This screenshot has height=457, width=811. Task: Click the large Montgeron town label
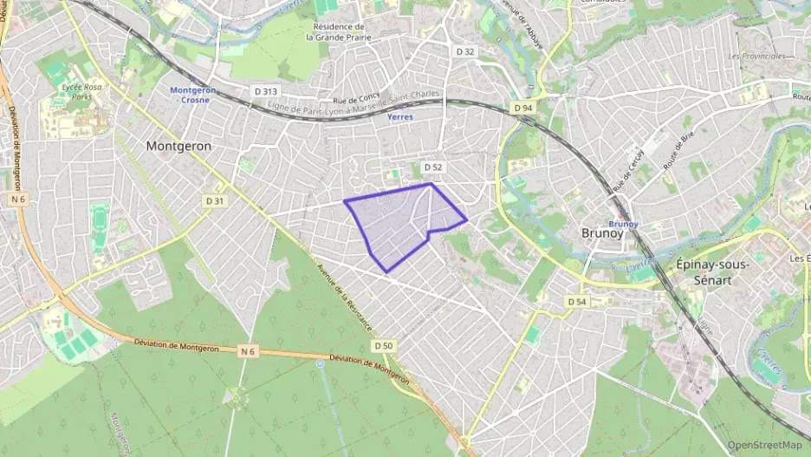click(178, 147)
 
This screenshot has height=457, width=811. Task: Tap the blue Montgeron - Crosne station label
click(191, 95)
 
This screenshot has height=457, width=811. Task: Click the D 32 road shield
click(465, 52)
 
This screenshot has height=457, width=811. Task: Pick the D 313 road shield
click(265, 91)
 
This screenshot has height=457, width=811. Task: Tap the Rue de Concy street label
click(352, 101)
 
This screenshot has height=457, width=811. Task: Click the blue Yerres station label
click(400, 116)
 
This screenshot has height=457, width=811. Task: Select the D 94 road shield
click(522, 108)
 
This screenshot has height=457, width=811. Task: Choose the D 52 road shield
click(432, 166)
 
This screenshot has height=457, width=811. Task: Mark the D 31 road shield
click(214, 200)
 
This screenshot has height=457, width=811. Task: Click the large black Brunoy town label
click(601, 233)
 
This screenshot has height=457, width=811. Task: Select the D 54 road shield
click(577, 301)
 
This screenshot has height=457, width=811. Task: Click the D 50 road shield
click(385, 345)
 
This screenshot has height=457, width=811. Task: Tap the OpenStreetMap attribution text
click(764, 445)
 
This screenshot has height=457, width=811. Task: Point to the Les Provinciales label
click(757, 56)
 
